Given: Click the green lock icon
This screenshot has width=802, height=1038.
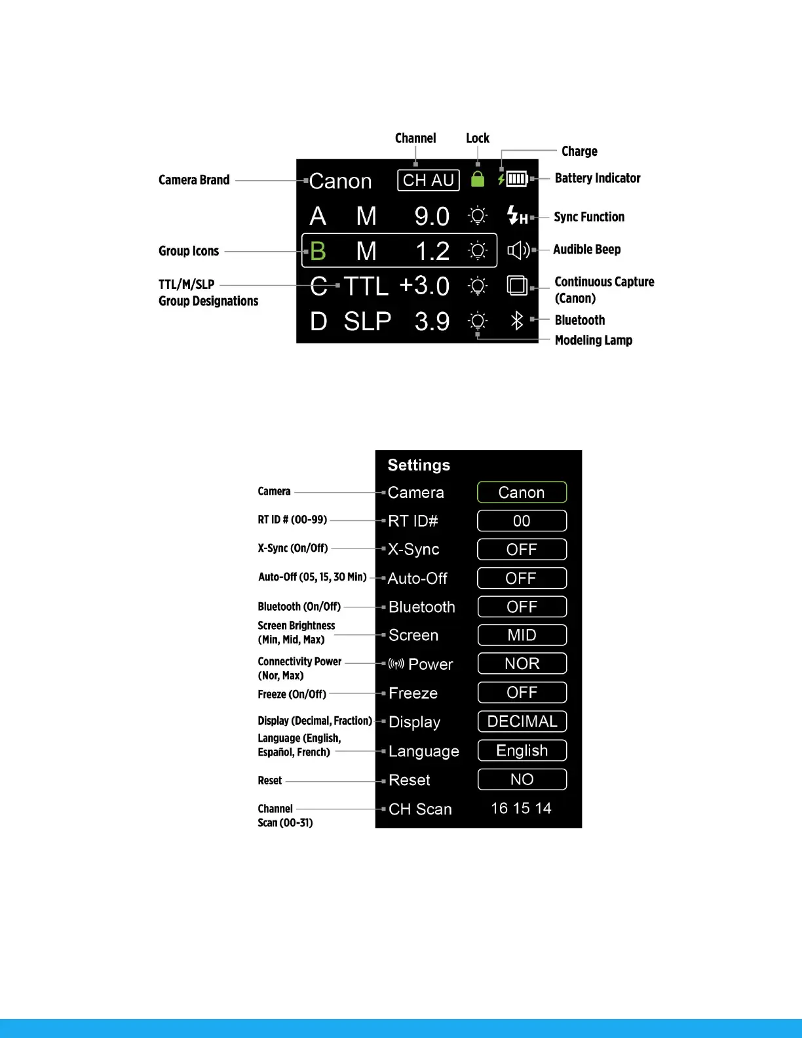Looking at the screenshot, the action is point(478,179).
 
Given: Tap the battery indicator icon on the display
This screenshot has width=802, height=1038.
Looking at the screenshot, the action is point(517,179).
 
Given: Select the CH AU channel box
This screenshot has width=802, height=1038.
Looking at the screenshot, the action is point(429,180).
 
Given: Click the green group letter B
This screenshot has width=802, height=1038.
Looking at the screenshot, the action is point(318,251).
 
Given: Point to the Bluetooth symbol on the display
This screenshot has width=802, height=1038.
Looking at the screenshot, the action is point(517,320).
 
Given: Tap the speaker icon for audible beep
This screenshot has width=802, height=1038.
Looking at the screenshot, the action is point(518,250).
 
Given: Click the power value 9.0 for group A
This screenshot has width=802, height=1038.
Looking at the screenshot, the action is point(432,216).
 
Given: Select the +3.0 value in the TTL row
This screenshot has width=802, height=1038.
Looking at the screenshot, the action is point(424,286).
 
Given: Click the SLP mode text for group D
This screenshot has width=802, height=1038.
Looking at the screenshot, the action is point(368,321).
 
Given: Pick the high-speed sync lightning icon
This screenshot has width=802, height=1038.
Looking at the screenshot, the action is point(517,216).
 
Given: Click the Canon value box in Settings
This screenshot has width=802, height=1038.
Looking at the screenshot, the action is point(522,492).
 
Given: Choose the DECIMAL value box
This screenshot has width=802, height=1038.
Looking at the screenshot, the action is point(522,721).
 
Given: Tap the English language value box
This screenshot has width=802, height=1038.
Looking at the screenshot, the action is point(522,750).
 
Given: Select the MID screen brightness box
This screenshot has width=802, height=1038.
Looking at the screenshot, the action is point(522,635).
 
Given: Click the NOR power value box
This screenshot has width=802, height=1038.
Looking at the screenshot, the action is point(522,664).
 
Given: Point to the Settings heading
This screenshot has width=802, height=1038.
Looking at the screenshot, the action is point(419,465).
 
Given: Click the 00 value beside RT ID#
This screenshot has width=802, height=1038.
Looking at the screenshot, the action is point(522,521).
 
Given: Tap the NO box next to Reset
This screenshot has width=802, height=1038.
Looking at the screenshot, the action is point(522,779).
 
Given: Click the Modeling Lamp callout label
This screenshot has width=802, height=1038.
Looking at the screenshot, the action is point(593,340).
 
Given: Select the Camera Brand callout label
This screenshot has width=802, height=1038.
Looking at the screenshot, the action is point(194,180).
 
